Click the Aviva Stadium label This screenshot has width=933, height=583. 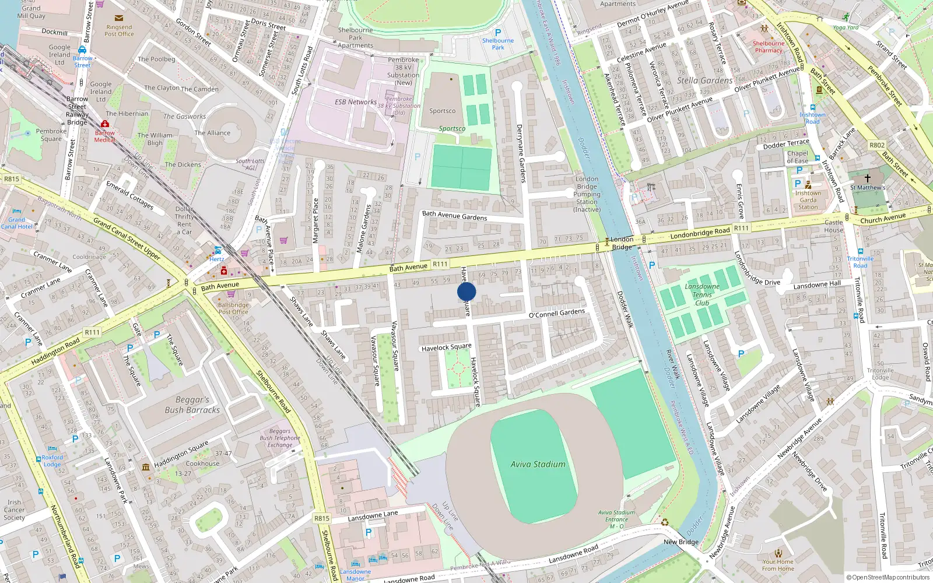(x=538, y=464)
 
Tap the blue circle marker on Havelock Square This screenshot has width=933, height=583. (x=466, y=291)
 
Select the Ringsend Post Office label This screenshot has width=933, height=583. (x=119, y=30)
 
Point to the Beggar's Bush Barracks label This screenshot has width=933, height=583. (x=192, y=405)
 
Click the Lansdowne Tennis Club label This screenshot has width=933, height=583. (x=701, y=294)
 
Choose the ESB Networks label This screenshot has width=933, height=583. (x=355, y=101)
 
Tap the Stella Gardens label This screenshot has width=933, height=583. (x=704, y=80)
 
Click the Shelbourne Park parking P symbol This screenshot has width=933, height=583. (x=497, y=33)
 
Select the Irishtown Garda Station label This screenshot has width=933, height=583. (x=808, y=200)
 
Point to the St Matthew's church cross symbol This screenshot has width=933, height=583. (x=867, y=178)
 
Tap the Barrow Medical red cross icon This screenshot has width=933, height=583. (x=105, y=124)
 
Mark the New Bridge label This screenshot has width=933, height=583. (x=681, y=542)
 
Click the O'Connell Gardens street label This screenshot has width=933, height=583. (x=556, y=313)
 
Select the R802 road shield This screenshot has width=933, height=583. (x=876, y=145)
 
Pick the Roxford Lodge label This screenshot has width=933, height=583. (x=52, y=461)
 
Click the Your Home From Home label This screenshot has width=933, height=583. (x=778, y=565)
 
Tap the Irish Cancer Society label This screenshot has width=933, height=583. (x=14, y=510)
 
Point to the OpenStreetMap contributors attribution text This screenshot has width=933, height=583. (x=888, y=577)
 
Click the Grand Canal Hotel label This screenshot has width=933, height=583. (x=16, y=223)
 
